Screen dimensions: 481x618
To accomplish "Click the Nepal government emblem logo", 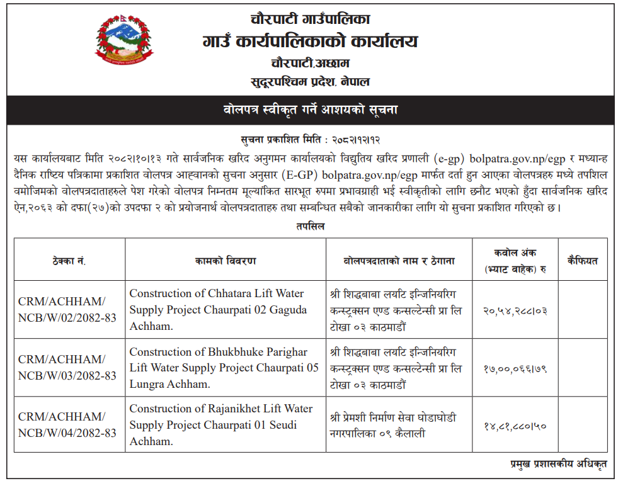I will (x=123, y=42).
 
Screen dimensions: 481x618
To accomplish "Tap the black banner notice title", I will (x=310, y=110).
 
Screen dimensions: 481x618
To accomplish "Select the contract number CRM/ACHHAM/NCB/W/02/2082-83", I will (x=67, y=310).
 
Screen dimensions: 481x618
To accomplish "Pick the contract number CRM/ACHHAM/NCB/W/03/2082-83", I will (x=67, y=368).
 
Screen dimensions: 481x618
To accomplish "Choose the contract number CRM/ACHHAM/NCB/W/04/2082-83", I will (x=67, y=425).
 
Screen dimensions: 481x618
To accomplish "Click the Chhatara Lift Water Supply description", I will (x=218, y=310).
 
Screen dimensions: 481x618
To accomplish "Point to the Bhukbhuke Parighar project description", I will (x=224, y=368).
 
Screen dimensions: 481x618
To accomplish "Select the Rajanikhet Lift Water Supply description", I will (x=220, y=425).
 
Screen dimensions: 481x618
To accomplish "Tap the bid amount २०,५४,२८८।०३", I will (x=515, y=310).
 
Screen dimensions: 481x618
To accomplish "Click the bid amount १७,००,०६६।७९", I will (x=515, y=368).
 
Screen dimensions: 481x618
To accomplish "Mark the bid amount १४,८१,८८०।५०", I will (x=515, y=426).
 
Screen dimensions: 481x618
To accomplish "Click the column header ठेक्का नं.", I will (x=69, y=261).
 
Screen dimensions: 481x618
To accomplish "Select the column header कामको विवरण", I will (x=225, y=261).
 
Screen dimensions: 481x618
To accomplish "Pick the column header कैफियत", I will (x=582, y=261).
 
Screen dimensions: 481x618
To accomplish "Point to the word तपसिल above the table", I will (x=310, y=226).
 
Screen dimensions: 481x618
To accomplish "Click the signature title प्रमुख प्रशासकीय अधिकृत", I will (x=559, y=464).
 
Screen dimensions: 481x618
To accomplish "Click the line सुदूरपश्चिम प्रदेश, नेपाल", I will (x=310, y=82).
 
